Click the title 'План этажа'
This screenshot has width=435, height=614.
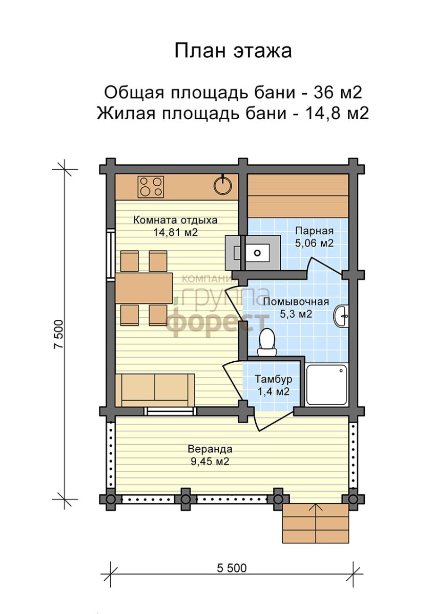[x=233, y=51]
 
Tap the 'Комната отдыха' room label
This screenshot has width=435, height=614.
[x=175, y=220]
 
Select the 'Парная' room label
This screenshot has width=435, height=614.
[x=315, y=231]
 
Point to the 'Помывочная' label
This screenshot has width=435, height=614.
[x=296, y=302]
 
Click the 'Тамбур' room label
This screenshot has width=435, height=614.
[x=274, y=379]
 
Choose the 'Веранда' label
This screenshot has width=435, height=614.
[x=210, y=449]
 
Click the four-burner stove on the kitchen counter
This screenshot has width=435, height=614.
[x=151, y=187]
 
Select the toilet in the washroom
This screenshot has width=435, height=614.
[x=267, y=342]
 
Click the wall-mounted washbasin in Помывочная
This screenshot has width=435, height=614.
[x=341, y=316]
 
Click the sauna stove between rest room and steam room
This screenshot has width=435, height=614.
[x=253, y=252]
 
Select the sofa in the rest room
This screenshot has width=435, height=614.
[x=155, y=390]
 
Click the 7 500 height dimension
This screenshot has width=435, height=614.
[x=59, y=334]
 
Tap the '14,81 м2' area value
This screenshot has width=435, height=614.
[x=175, y=232]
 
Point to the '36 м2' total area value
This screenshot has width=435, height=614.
[x=338, y=93]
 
